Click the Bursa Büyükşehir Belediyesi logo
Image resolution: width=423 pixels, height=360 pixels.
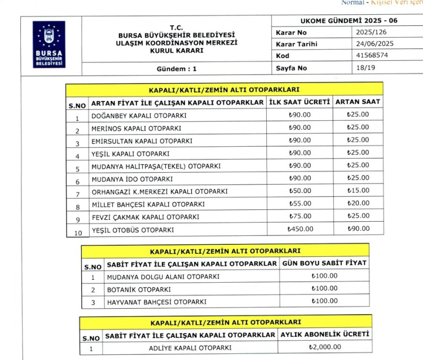pyautogui.click(x=50, y=45)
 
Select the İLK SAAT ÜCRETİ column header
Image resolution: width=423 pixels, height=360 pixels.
pyautogui.click(x=299, y=102)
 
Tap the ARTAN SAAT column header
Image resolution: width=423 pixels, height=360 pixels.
pyautogui.click(x=358, y=102)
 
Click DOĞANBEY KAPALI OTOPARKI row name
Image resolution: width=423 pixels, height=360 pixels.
pyautogui.click(x=139, y=116)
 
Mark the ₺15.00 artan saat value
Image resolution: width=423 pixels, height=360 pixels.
pyautogui.click(x=358, y=191)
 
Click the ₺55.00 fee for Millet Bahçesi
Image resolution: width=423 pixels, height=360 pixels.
pyautogui.click(x=299, y=204)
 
